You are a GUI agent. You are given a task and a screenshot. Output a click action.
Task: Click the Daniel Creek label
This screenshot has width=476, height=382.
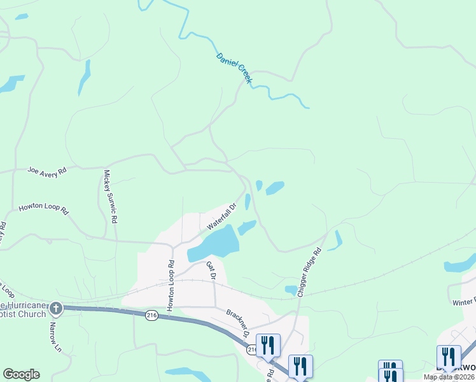(x=235, y=68)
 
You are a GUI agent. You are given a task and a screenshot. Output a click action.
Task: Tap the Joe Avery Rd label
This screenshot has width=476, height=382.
(x=47, y=171)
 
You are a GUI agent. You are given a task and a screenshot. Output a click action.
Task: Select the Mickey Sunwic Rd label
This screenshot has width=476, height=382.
(x=111, y=195)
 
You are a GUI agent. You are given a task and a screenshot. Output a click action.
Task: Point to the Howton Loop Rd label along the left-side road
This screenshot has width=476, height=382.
(x=43, y=208)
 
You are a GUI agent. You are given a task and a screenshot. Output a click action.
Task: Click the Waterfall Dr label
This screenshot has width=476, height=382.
(x=221, y=216)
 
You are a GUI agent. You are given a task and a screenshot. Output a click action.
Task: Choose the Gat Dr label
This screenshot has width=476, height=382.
(x=211, y=270)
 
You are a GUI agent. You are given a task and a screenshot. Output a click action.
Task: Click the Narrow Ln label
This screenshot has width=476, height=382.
(x=55, y=338)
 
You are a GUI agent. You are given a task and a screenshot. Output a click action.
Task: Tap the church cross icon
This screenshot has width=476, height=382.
(x=56, y=309)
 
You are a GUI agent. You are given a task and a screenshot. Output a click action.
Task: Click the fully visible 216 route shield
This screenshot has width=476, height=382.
(x=151, y=316)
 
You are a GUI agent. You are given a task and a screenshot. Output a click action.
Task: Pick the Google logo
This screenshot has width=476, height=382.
(x=21, y=374)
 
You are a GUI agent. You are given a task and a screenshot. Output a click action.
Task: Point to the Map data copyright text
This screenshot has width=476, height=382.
(x=449, y=377)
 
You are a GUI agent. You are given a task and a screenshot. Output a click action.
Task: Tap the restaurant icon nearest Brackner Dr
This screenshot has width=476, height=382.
(x=268, y=346)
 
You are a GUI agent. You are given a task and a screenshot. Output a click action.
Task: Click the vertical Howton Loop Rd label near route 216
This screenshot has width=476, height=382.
(x=171, y=286)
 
